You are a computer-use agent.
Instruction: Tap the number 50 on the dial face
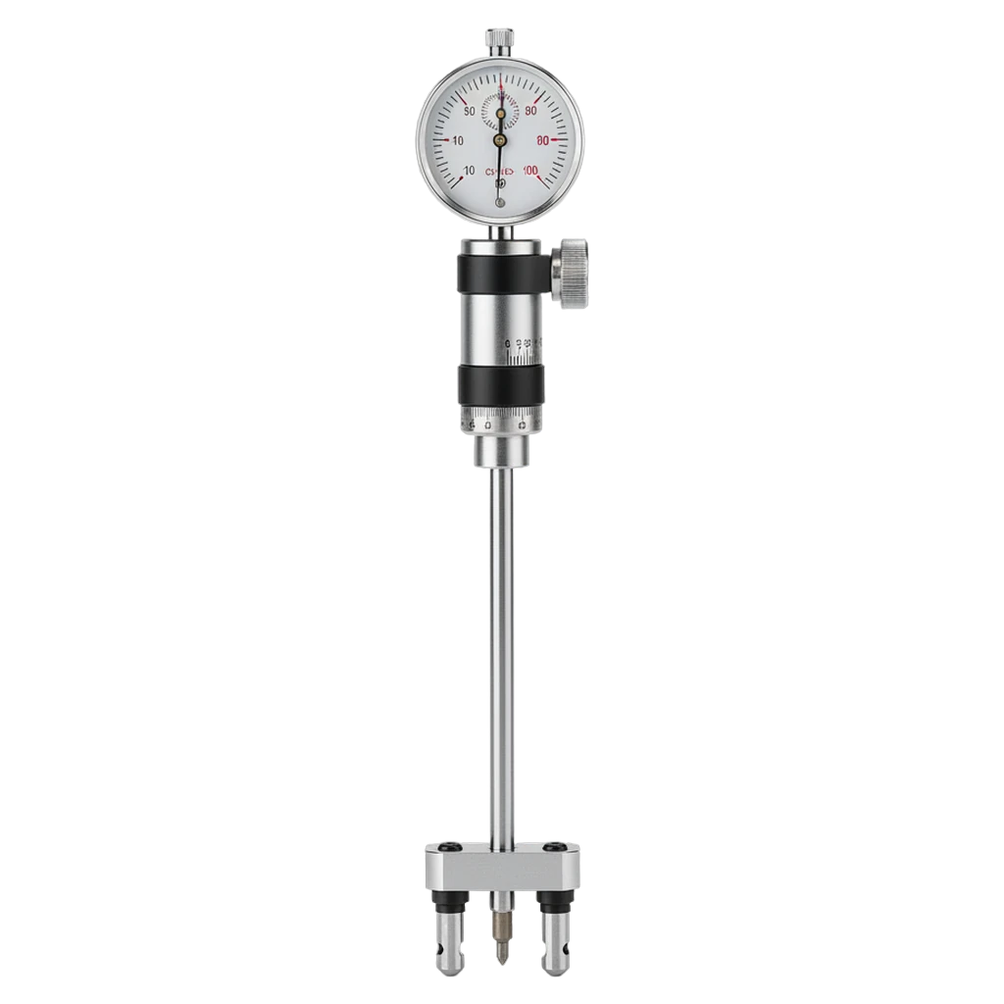coord(469,111)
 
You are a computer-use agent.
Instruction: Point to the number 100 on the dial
coord(530,172)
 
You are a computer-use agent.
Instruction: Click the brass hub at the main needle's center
coord(500,141)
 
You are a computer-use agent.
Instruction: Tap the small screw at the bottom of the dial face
coord(501,202)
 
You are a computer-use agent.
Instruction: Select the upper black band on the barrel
coord(501,269)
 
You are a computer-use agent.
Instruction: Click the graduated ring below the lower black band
coord(501,423)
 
